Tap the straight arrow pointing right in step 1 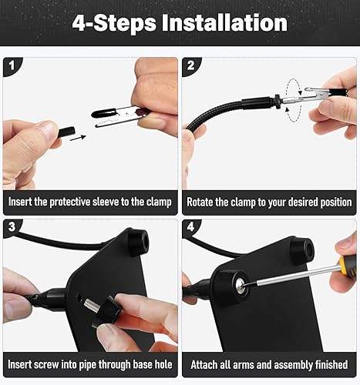click(x=75, y=139)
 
